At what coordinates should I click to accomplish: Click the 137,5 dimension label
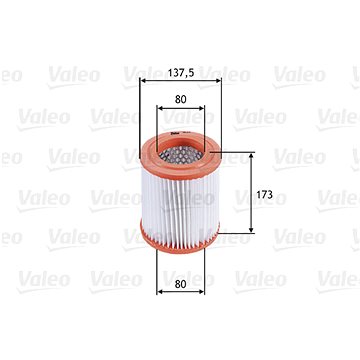[180, 72]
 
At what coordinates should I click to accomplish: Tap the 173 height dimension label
[265, 195]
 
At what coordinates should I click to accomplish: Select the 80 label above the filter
[180, 99]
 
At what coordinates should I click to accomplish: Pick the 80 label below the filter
[180, 284]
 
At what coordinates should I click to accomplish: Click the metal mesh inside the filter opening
[180, 154]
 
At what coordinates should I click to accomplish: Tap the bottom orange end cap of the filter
[180, 239]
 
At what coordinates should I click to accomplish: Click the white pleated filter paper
[180, 203]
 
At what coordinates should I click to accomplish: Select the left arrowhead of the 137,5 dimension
[142, 80]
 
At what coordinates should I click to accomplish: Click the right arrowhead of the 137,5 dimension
[218, 80]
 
